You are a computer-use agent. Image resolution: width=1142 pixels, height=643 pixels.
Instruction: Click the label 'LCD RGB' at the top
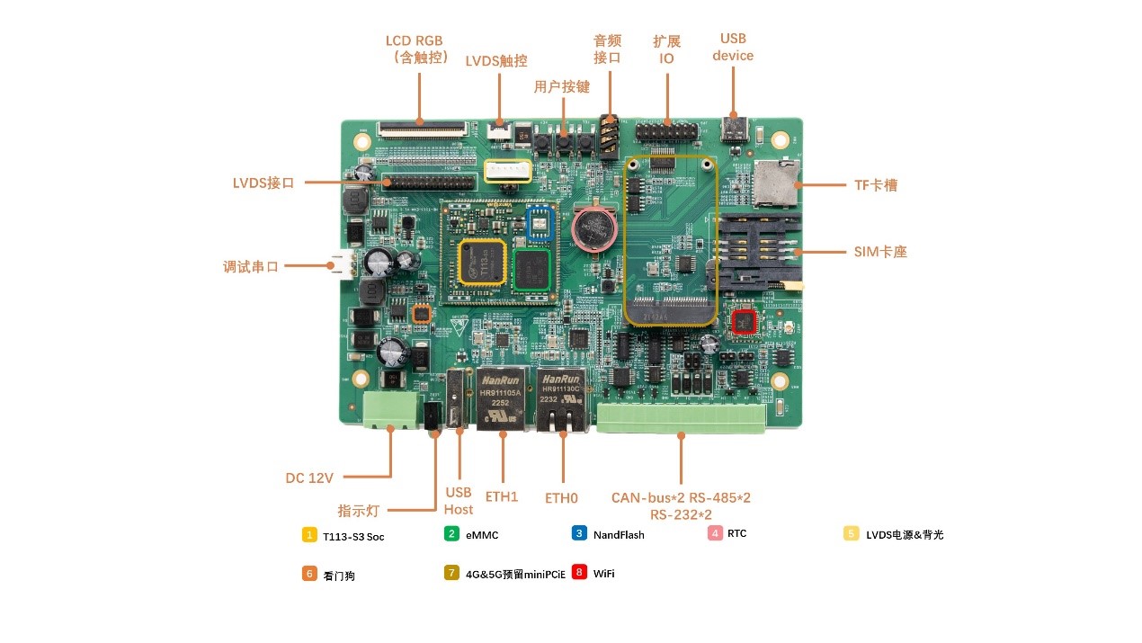click(x=414, y=41)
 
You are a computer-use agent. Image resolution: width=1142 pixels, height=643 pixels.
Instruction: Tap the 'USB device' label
click(x=733, y=47)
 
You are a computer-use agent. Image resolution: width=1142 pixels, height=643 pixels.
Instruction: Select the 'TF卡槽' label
click(x=876, y=185)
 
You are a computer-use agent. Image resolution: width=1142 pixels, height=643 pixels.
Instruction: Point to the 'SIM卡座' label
click(x=880, y=252)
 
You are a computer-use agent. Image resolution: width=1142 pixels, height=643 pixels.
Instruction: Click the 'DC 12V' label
click(x=309, y=478)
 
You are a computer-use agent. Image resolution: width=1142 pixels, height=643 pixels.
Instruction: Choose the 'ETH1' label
click(x=502, y=496)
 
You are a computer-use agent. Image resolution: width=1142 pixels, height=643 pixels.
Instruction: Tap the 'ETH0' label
click(x=561, y=497)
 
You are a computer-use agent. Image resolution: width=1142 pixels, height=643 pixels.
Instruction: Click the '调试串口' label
click(x=251, y=266)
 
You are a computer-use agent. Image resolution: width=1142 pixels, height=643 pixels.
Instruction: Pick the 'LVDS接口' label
click(x=263, y=183)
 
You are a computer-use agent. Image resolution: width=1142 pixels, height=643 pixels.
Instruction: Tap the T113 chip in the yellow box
click(x=481, y=262)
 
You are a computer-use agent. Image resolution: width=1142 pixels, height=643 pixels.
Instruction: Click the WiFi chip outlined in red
click(x=744, y=321)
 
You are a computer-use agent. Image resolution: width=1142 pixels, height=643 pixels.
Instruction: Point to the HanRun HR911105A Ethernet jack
click(x=501, y=398)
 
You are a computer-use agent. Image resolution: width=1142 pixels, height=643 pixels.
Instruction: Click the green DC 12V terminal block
click(x=391, y=410)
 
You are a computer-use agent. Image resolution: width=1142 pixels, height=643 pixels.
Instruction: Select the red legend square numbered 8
click(x=580, y=572)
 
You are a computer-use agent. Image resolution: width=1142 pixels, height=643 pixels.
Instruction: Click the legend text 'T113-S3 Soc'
click(x=353, y=536)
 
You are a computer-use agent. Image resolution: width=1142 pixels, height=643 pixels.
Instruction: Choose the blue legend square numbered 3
click(x=580, y=533)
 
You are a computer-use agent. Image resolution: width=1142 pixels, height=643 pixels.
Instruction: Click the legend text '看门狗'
click(x=339, y=576)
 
